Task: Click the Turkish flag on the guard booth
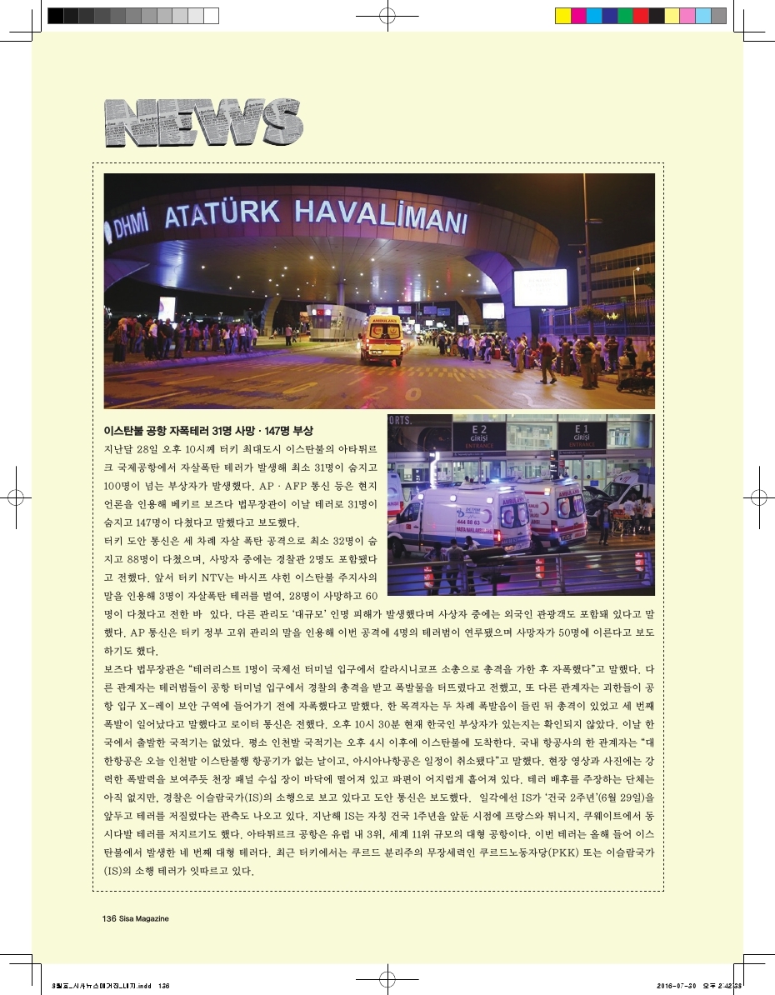tap(317, 312)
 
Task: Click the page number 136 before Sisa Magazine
tap(107, 918)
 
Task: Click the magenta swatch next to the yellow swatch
tap(577, 15)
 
